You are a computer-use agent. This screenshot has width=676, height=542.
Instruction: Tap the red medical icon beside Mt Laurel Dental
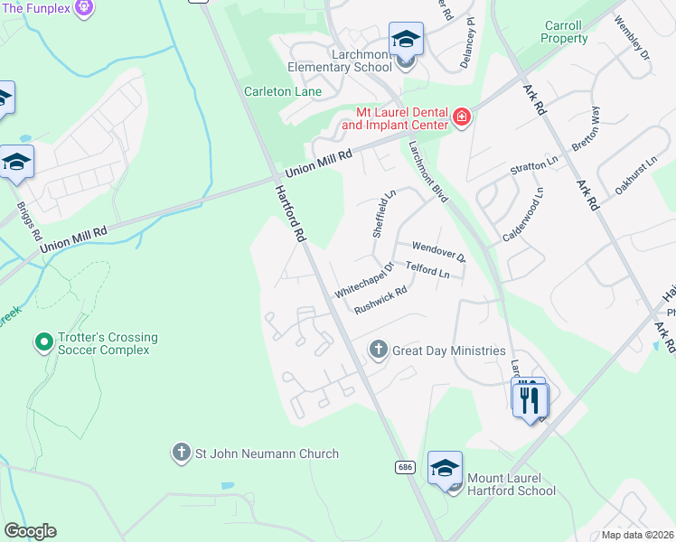[462, 117]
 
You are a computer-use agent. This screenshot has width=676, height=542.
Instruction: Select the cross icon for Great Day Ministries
[378, 350]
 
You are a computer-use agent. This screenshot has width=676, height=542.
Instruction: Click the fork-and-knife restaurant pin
[530, 398]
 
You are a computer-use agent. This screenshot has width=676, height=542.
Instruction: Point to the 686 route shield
[405, 466]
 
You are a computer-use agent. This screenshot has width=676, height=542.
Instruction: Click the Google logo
[30, 531]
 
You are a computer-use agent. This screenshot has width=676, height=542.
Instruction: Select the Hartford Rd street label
[289, 211]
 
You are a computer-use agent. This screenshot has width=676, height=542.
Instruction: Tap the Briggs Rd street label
[29, 221]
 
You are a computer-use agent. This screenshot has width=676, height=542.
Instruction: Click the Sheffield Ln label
[384, 214]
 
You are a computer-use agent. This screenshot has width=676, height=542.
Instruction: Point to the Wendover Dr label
[437, 250]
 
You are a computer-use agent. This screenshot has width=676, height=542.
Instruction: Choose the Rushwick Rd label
[380, 300]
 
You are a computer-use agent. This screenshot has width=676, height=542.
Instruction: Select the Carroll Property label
[565, 33]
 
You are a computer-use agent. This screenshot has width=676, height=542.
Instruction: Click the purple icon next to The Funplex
[84, 8]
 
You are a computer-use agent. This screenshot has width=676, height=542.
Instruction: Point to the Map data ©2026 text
[637, 535]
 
